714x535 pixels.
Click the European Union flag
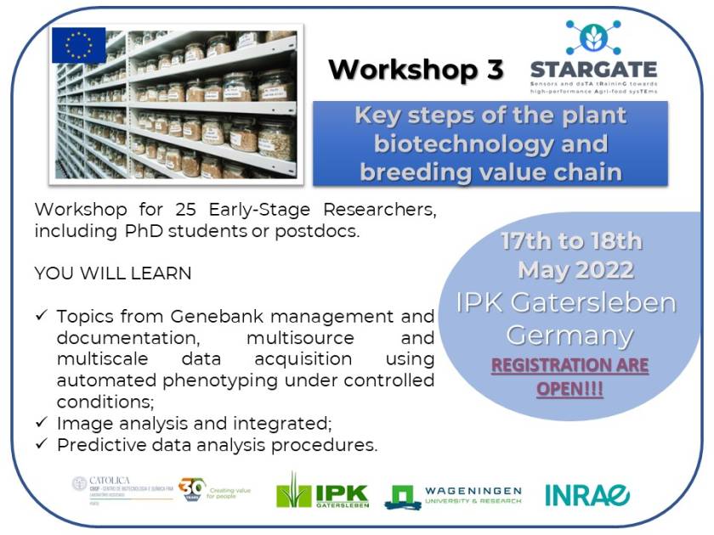(78, 46)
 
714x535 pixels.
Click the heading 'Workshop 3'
(416, 69)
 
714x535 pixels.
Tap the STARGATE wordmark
(592, 70)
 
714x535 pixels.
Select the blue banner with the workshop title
(490, 144)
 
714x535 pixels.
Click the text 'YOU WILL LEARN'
(113, 273)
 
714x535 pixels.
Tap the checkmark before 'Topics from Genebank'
(42, 316)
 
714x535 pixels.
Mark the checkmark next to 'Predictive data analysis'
(42, 444)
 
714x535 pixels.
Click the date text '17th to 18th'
(570, 241)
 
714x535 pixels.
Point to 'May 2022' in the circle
(575, 271)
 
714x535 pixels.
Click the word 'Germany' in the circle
(569, 335)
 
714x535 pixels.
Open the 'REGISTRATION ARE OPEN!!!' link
(569, 376)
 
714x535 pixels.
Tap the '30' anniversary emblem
(193, 489)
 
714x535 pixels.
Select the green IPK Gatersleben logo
(322, 492)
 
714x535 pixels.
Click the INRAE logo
(587, 494)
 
